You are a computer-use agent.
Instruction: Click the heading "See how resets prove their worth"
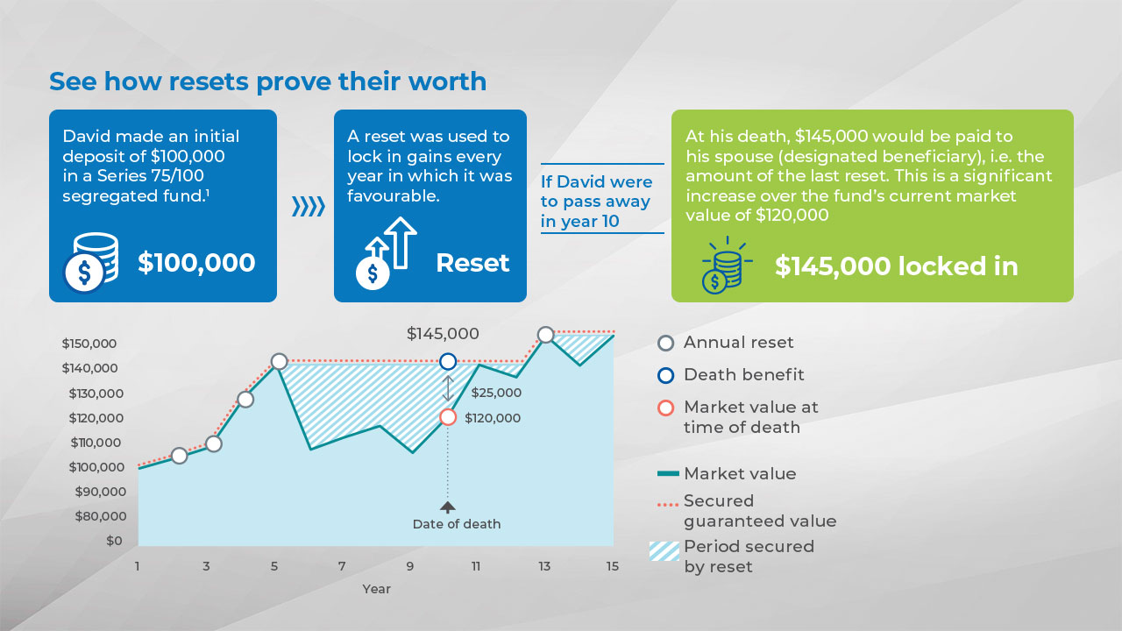pyautogui.click(x=267, y=82)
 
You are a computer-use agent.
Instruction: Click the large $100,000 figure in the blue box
pyautogui.click(x=196, y=263)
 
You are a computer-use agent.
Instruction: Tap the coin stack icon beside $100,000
pyautogui.click(x=91, y=262)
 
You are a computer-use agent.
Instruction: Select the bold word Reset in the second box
pyautogui.click(x=472, y=263)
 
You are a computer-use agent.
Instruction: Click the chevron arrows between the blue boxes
pyautogui.click(x=309, y=206)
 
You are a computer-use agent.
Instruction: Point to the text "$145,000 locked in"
pyautogui.click(x=896, y=266)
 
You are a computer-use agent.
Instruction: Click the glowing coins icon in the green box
pyautogui.click(x=727, y=266)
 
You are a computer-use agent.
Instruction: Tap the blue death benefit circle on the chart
pyautogui.click(x=448, y=361)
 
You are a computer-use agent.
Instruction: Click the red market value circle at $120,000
pyautogui.click(x=448, y=417)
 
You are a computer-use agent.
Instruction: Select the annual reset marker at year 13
pyautogui.click(x=545, y=335)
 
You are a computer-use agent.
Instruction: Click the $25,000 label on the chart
pyautogui.click(x=496, y=393)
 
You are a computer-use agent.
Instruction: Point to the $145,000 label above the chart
pyautogui.click(x=443, y=334)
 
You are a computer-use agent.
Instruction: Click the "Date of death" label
pyautogui.click(x=457, y=524)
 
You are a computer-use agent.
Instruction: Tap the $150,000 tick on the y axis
pyautogui.click(x=89, y=344)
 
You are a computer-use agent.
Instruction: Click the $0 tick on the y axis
pyautogui.click(x=114, y=541)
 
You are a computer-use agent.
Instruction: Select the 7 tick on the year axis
pyautogui.click(x=342, y=566)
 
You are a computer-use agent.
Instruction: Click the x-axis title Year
pyautogui.click(x=376, y=589)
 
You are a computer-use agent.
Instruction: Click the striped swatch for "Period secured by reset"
pyautogui.click(x=664, y=551)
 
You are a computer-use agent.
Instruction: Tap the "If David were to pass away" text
pyautogui.click(x=596, y=191)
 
